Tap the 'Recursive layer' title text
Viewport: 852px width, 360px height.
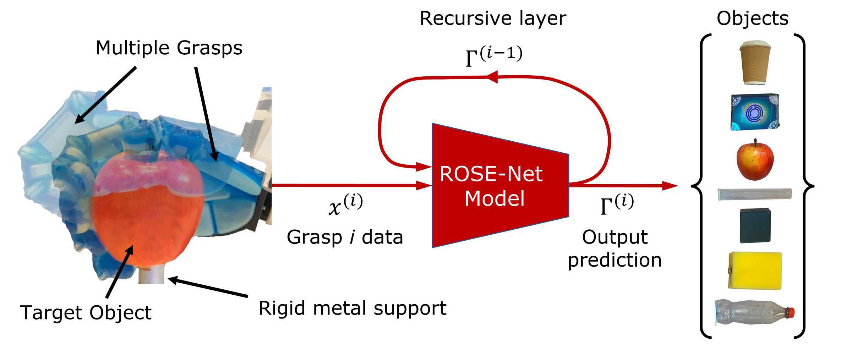(x=493, y=18)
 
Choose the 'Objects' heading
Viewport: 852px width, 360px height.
(x=752, y=18)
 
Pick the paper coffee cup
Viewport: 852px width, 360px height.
(x=755, y=63)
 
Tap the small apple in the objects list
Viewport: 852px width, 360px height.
(x=755, y=160)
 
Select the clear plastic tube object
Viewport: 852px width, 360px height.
(x=754, y=194)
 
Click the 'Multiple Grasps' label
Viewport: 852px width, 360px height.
(x=169, y=48)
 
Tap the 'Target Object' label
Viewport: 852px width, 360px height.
(x=86, y=313)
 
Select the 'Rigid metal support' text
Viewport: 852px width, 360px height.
(x=352, y=308)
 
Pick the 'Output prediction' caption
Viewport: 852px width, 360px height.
(x=615, y=249)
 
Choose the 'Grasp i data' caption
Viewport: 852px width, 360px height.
(x=345, y=237)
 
